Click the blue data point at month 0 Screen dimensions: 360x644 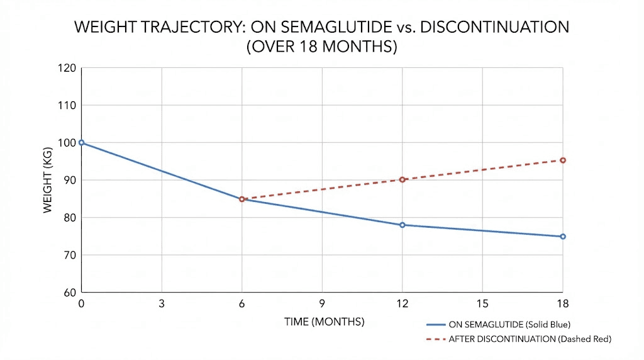point(82,143)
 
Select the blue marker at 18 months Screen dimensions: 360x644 point(563,237)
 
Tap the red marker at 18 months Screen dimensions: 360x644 point(563,160)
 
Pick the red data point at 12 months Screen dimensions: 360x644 point(402,180)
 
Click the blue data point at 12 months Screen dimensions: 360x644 point(402,225)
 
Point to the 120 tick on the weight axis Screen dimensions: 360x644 point(67,68)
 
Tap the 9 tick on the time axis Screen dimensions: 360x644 point(322,304)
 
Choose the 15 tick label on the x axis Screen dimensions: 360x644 point(482,304)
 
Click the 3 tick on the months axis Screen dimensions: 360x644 point(162,304)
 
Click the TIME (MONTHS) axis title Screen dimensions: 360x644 point(325,322)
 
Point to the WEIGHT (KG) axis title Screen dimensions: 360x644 point(48,180)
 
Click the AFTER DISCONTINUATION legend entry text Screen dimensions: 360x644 point(530,339)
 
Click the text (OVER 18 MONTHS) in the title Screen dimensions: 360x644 point(321,47)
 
